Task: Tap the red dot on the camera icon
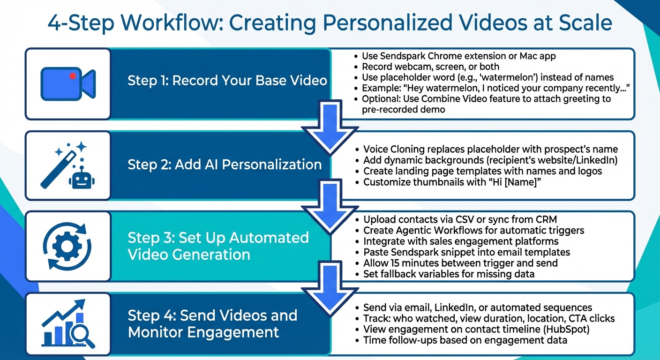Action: pyautogui.click(x=72, y=75)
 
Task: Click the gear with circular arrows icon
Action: pyautogui.click(x=67, y=246)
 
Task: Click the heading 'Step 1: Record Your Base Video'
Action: pyautogui.click(x=227, y=80)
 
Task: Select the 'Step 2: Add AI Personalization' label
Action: pyautogui.click(x=225, y=165)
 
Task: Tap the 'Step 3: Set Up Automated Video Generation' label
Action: pyautogui.click(x=218, y=246)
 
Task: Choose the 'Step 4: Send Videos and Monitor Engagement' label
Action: pyautogui.click(x=212, y=323)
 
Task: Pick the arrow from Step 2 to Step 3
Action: pyautogui.click(x=330, y=208)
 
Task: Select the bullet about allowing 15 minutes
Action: pyautogui.click(x=460, y=263)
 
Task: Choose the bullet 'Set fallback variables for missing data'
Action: pyautogui.click(x=449, y=274)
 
